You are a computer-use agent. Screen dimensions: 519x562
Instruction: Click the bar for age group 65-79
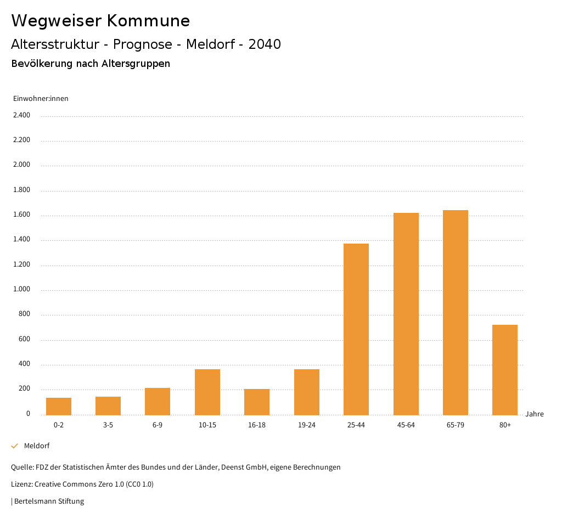[456, 313]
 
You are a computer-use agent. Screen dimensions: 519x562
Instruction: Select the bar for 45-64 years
[406, 314]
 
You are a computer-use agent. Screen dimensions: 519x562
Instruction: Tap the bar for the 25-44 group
[356, 329]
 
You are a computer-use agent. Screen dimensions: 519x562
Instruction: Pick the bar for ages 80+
[505, 370]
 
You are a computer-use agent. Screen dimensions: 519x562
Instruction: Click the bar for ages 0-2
[59, 407]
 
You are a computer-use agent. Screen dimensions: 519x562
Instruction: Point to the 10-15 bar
[207, 392]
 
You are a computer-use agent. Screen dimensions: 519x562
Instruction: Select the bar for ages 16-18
[257, 402]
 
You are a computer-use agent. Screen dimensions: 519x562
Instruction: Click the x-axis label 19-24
[306, 425]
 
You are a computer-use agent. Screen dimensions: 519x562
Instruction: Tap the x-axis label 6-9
[158, 425]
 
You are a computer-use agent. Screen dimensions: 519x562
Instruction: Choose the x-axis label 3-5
[108, 425]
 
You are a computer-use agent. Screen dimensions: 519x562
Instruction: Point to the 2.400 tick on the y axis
[22, 115]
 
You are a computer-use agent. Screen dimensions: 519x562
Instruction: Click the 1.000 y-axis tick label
[22, 290]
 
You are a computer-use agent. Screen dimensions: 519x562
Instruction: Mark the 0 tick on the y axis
[28, 414]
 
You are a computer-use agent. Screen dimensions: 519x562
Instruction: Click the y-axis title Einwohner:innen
[41, 99]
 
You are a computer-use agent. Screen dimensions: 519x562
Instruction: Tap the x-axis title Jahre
[535, 414]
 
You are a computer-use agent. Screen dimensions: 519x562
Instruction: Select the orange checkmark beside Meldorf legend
[15, 446]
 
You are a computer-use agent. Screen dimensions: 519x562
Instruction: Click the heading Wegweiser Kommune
[100, 21]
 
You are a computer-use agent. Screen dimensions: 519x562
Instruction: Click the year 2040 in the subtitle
[265, 44]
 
